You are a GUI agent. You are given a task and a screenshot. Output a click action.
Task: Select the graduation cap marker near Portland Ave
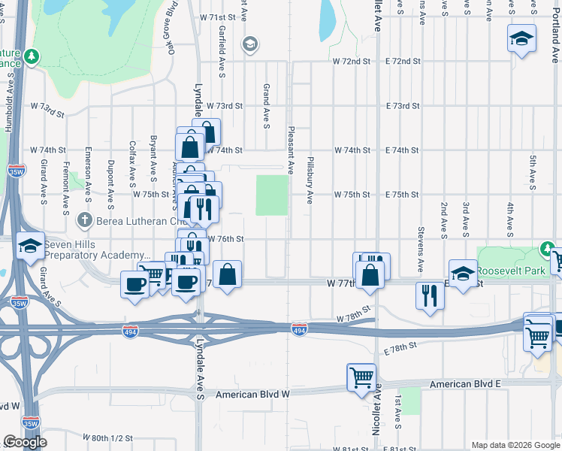[521, 38]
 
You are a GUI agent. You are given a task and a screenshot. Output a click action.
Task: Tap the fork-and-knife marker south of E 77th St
[430, 295]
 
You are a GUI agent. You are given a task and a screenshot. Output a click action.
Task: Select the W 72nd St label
[352, 60]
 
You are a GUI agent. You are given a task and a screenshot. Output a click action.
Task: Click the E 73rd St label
[402, 106]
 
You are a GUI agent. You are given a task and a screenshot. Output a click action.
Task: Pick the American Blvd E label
[465, 384]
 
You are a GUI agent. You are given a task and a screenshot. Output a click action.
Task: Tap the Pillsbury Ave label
[310, 180]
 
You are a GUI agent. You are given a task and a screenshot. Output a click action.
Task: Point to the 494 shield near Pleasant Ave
[299, 330]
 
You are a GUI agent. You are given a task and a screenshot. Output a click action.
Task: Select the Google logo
[26, 442]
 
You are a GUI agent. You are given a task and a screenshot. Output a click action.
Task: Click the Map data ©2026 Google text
[515, 445]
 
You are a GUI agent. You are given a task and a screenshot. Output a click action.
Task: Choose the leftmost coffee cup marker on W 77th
[135, 283]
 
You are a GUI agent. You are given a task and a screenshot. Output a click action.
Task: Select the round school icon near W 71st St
[249, 46]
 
